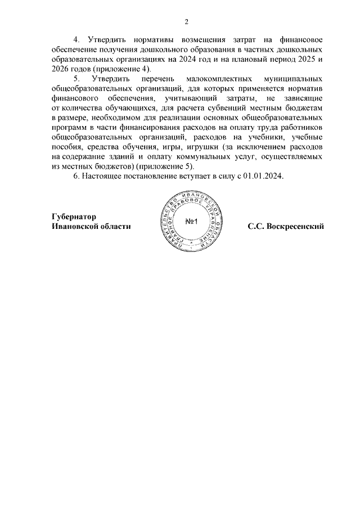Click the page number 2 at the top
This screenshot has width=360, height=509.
186,22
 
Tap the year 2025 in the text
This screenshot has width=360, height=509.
308,60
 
